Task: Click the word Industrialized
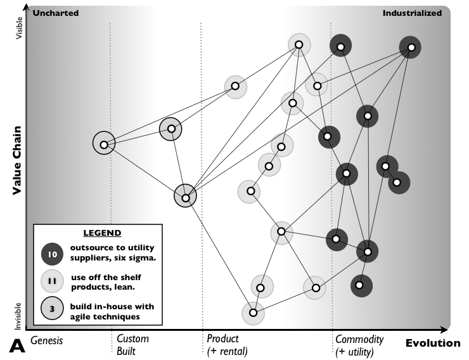pos(412,13)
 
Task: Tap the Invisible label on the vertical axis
pos(19,314)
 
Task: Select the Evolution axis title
pos(433,344)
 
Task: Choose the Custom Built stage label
pos(133,345)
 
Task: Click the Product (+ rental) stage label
pos(227,345)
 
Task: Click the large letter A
pos(17,346)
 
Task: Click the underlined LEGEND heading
pos(102,233)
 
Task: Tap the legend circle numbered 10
pos(53,254)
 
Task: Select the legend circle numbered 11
pos(53,281)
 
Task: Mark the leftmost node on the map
pos(103,143)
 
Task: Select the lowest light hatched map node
pos(253,312)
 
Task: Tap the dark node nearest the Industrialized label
pos(411,47)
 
